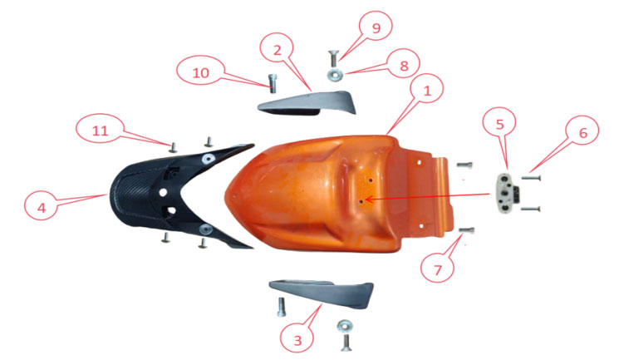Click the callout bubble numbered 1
(x=427, y=91)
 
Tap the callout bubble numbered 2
(x=277, y=50)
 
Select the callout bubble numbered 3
(x=297, y=340)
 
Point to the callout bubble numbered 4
(x=42, y=208)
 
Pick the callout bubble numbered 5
(x=499, y=125)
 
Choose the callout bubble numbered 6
(x=582, y=133)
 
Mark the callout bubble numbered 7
(x=437, y=269)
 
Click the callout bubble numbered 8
(x=404, y=66)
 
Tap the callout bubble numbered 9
(x=376, y=27)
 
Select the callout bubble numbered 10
(x=200, y=72)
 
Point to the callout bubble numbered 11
(x=100, y=130)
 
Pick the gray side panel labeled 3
(x=322, y=293)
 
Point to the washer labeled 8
(x=334, y=74)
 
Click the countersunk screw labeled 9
(x=333, y=58)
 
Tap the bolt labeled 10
(x=272, y=83)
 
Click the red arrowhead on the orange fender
(x=369, y=200)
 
